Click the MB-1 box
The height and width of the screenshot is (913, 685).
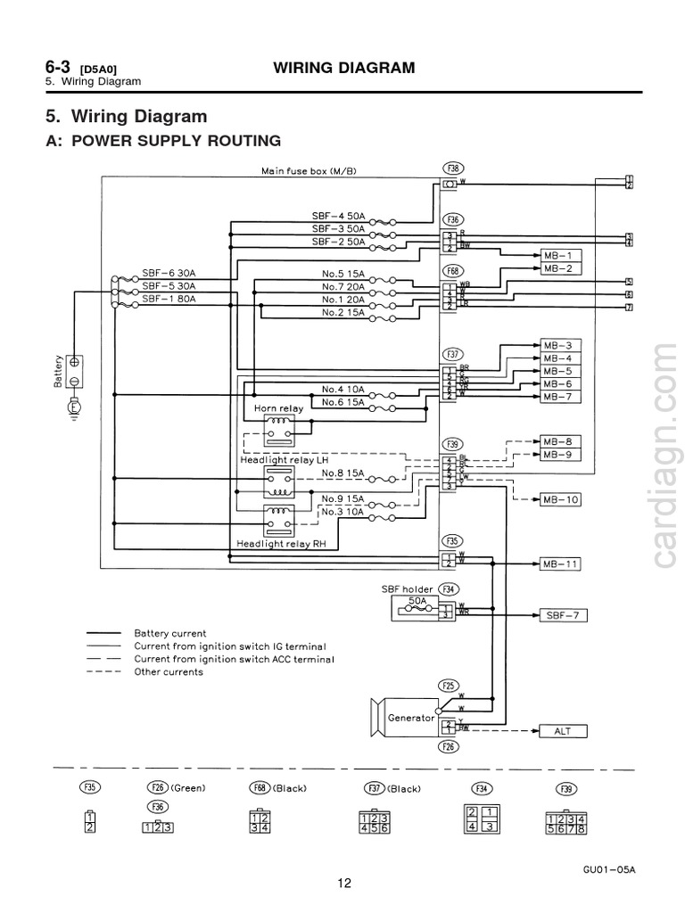(562, 255)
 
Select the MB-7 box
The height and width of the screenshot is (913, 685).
(562, 397)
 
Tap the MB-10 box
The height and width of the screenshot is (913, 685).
(562, 500)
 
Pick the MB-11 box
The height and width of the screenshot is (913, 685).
(562, 564)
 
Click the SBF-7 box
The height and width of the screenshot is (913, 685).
(562, 615)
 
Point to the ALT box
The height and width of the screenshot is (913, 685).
(562, 731)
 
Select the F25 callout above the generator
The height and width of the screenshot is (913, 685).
(450, 686)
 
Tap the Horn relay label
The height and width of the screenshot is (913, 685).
(278, 407)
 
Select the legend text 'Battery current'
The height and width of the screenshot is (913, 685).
(169, 633)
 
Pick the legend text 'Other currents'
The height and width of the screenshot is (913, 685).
(169, 671)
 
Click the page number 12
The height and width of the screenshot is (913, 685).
(344, 884)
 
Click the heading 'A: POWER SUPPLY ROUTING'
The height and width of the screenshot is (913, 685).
(163, 141)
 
